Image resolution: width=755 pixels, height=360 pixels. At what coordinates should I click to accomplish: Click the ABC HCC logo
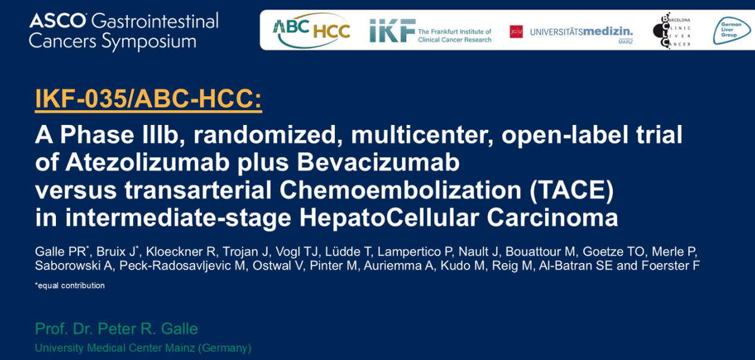(311, 30)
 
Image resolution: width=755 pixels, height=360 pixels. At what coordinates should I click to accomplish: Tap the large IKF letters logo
(392, 30)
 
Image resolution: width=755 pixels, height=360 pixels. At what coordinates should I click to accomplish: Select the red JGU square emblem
(516, 32)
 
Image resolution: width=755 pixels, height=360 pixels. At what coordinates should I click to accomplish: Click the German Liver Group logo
(731, 30)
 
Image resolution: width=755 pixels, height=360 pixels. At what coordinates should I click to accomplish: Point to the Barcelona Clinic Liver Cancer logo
(672, 31)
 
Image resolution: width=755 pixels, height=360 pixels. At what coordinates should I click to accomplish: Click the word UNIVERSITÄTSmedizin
(581, 32)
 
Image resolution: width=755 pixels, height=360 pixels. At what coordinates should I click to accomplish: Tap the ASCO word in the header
(58, 21)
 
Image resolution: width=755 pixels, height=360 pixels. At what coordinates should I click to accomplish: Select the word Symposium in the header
(149, 42)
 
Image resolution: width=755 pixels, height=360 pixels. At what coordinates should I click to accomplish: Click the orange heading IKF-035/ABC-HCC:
(148, 99)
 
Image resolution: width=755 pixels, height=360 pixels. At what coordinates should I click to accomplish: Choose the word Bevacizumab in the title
(378, 162)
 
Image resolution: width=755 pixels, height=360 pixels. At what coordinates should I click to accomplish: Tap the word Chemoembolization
(400, 190)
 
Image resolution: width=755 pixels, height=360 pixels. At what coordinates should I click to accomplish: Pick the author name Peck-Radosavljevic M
(182, 265)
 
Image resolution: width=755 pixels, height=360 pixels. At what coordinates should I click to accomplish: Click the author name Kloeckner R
(181, 252)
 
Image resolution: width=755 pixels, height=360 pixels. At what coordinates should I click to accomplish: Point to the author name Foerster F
(671, 265)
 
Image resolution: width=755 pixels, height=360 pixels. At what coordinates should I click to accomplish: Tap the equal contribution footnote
(70, 286)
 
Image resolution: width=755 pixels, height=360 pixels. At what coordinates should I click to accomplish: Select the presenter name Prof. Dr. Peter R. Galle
(116, 328)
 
